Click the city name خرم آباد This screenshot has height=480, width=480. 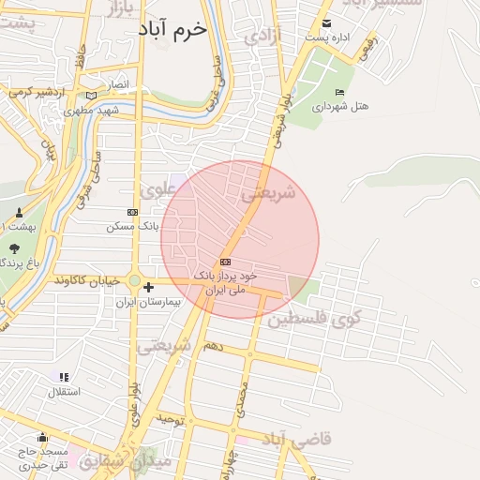175,30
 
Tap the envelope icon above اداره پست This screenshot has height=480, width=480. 326,23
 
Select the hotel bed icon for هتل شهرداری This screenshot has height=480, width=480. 339,92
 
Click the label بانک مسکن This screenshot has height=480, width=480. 132,226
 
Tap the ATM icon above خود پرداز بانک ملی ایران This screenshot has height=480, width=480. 225,262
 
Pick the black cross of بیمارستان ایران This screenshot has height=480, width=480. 148,287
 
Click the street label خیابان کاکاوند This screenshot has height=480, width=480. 90,280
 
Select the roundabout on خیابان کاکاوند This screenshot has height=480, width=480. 135,280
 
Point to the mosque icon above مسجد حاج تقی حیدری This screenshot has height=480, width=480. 42,438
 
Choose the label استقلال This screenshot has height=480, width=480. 63,390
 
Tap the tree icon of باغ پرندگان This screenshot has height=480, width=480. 13,249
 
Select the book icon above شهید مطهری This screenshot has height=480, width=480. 90,96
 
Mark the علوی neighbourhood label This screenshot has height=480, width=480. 158,188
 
